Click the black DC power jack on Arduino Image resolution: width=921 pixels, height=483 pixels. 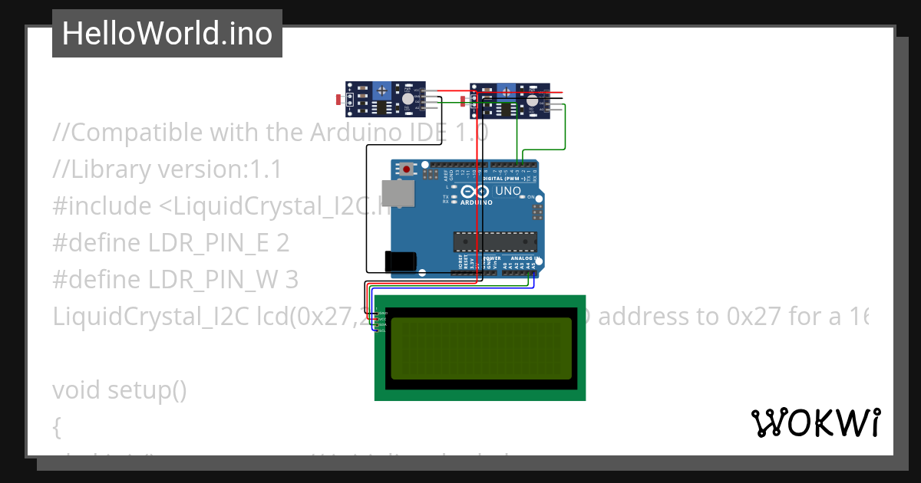click(x=401, y=261)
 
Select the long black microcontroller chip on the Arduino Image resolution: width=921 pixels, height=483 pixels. click(x=494, y=242)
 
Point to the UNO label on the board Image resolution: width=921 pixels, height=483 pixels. click(x=508, y=191)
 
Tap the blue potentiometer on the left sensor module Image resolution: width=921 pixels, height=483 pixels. click(x=381, y=91)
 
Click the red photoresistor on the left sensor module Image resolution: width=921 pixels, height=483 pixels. click(x=340, y=100)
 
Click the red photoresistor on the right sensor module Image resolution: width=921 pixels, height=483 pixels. click(x=463, y=100)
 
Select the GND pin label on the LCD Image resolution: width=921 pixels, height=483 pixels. click(x=383, y=314)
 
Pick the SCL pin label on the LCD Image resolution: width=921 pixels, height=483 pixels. click(x=382, y=330)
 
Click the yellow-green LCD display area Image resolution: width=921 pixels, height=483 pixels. click(x=481, y=348)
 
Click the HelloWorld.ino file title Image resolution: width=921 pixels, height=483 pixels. click(x=167, y=34)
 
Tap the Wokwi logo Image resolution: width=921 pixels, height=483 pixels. click(x=815, y=422)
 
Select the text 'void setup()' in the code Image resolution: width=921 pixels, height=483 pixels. click(x=120, y=390)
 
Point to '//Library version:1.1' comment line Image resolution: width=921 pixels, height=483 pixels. click(x=167, y=169)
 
